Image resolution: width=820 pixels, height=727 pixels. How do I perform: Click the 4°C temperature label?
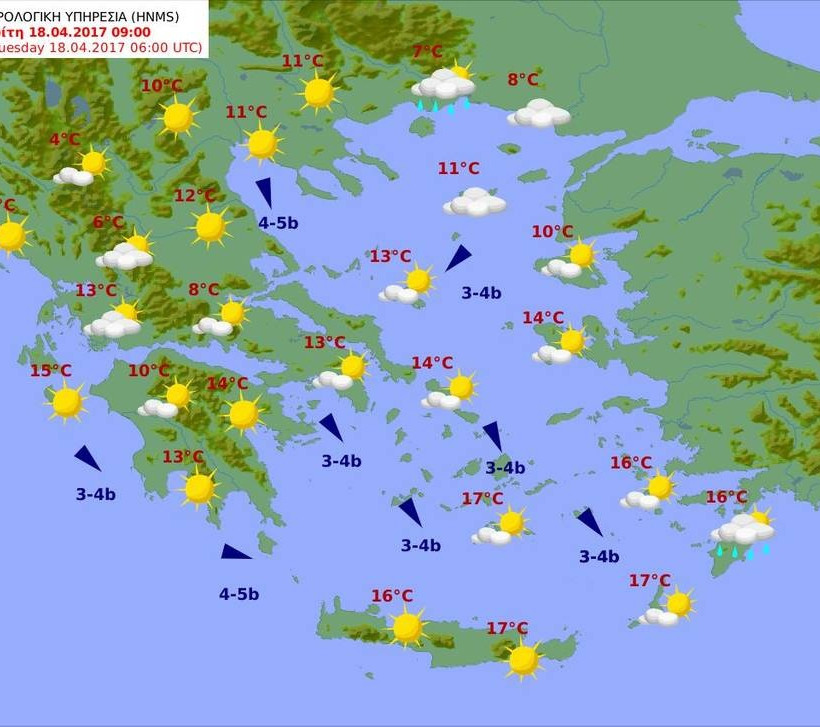click(x=65, y=140)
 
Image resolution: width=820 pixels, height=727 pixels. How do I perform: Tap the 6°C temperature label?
click(x=108, y=222)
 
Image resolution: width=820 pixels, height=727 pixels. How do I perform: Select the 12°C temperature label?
click(x=195, y=195)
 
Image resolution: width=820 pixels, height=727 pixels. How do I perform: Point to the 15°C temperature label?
click(x=50, y=371)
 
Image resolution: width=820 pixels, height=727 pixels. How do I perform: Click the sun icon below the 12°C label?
click(x=210, y=226)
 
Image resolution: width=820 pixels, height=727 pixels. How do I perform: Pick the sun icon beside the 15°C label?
click(x=67, y=402)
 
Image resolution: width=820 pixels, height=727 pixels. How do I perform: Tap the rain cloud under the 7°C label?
click(x=443, y=87)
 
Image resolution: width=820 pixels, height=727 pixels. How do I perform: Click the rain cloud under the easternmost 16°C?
click(x=743, y=530)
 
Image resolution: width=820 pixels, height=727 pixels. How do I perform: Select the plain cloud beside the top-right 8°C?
click(x=539, y=114)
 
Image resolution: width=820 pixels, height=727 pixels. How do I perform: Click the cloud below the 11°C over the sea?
click(x=475, y=203)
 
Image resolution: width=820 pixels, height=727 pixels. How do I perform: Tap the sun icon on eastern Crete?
click(x=523, y=659)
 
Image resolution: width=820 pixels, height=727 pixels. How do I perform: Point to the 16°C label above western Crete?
click(x=392, y=596)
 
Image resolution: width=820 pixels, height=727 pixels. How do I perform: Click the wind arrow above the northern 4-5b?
click(x=265, y=191)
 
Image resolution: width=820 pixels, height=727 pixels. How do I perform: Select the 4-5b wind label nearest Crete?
click(x=239, y=594)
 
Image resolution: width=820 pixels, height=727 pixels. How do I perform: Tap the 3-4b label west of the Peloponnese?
click(x=96, y=494)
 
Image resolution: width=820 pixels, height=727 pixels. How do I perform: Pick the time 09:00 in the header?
click(x=124, y=31)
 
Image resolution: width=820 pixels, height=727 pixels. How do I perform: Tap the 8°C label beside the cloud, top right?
click(x=523, y=79)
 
